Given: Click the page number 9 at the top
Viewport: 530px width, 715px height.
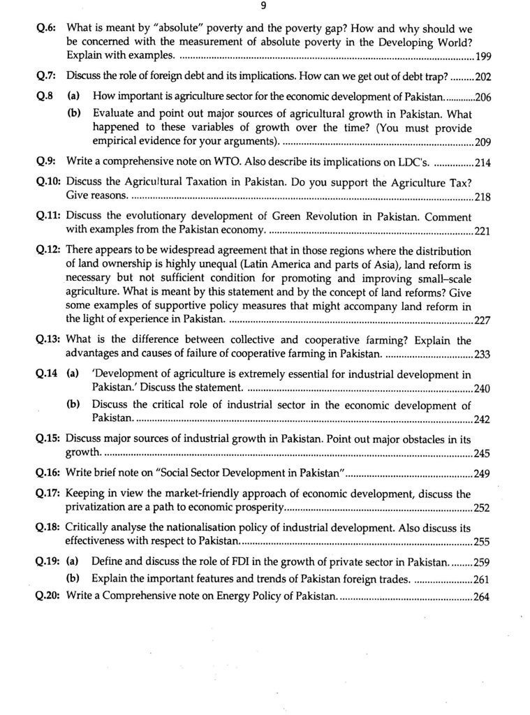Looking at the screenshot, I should click(x=263, y=6).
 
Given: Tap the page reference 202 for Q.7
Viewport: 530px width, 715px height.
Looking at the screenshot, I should click(x=483, y=77).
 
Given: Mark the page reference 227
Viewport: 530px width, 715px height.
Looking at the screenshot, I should click(x=483, y=320).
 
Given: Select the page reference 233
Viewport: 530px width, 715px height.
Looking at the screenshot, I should click(x=483, y=354).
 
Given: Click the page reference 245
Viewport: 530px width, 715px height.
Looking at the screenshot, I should click(x=483, y=453).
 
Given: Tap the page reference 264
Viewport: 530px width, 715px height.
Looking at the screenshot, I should click(x=482, y=597).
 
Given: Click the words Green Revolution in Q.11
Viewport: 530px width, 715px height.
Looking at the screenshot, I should click(x=311, y=216).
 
